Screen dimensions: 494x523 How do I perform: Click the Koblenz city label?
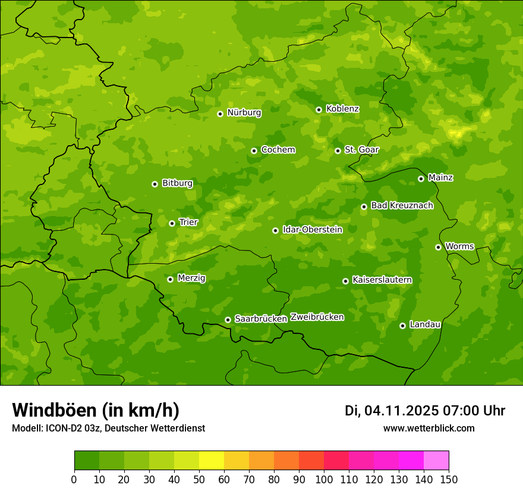342,109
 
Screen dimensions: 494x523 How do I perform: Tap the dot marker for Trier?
172,223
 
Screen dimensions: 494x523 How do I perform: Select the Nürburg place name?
244,112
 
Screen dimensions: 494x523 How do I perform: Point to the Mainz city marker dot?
421,179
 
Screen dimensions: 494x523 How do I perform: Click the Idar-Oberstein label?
312,230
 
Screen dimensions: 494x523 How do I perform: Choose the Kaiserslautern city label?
382,280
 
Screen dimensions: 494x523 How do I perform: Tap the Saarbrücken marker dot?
228,320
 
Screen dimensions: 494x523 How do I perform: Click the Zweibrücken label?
317,317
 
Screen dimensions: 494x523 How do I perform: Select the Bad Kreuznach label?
402,205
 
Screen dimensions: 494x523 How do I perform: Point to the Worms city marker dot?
438,247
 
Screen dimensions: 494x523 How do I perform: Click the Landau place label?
425,324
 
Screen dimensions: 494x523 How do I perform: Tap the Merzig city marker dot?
170,279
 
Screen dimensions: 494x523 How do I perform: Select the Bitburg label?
177,183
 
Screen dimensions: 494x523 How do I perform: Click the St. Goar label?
361,149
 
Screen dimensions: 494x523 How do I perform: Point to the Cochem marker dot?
254,151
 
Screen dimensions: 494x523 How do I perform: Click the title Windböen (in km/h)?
96,410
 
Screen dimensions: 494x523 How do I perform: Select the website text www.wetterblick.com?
429,428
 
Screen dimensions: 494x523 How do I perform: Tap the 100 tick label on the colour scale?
324,479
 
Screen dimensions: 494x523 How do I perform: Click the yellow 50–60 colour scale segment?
212,461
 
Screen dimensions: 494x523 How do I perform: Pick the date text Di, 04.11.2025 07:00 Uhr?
424,411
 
